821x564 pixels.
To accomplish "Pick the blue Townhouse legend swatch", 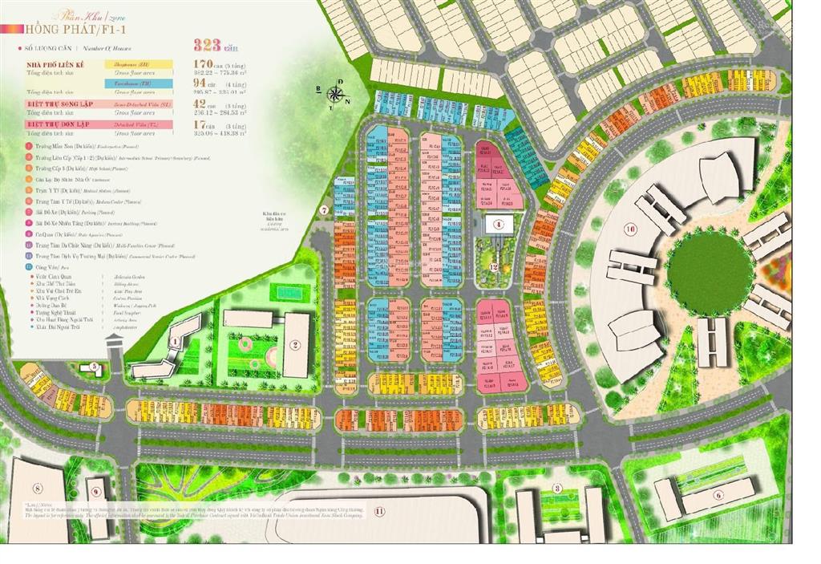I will coord(141,83).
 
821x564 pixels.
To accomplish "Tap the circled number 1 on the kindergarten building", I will coord(174,341).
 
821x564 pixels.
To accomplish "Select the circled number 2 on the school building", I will coord(295,346).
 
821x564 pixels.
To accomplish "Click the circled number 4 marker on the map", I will coord(498,225).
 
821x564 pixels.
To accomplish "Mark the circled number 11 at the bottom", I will coord(379,510).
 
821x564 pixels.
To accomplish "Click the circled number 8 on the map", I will coord(37,488).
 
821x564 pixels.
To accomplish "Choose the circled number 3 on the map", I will coord(556,489).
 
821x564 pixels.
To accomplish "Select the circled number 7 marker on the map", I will coord(325,210).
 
